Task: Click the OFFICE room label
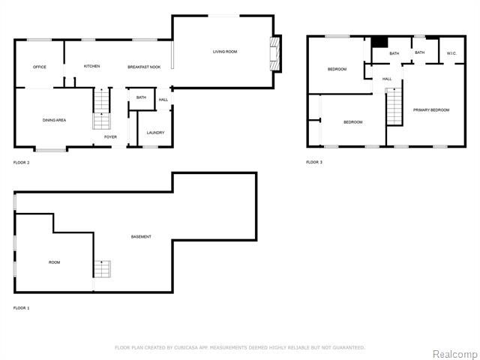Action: coord(40,67)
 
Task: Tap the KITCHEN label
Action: coord(91,66)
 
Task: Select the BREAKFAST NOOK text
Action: coord(144,67)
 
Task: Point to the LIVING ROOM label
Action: coord(225,52)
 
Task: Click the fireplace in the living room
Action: coord(275,54)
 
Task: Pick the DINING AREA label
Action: coord(54,120)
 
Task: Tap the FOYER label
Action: coord(110,136)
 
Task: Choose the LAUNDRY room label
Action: coord(155,133)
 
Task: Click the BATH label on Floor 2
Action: coord(141,97)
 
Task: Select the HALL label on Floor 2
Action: coord(163,100)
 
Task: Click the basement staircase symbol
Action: coord(102,269)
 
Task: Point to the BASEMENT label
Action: coord(141,237)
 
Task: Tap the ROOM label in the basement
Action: coord(54,262)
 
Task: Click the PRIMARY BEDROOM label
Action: coord(431,110)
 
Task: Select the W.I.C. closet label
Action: coord(451,53)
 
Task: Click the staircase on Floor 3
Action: coord(394,106)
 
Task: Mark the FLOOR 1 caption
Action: coord(22,308)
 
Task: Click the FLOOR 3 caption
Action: coord(314,162)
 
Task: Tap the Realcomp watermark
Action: coord(455,354)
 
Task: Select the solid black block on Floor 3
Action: coord(379,42)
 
